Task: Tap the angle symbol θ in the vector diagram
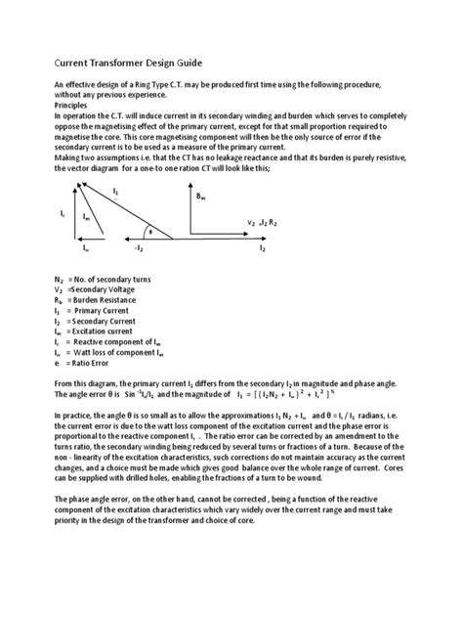(x=149, y=232)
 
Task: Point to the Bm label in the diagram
(x=201, y=198)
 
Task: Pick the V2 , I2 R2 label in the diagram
(x=260, y=221)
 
